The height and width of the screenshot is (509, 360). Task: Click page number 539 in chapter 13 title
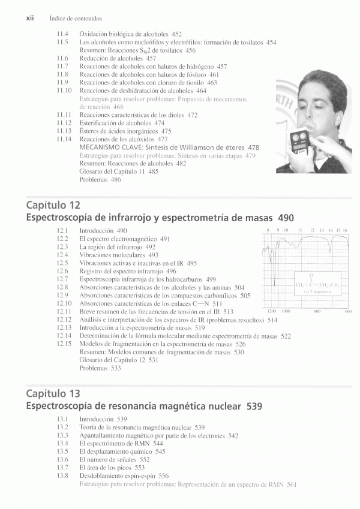pos(254,406)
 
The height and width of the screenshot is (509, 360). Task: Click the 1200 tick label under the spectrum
pos(271,312)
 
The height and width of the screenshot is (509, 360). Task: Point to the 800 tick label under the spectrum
pos(317,312)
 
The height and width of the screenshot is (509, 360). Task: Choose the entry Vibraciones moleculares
pos(110,255)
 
